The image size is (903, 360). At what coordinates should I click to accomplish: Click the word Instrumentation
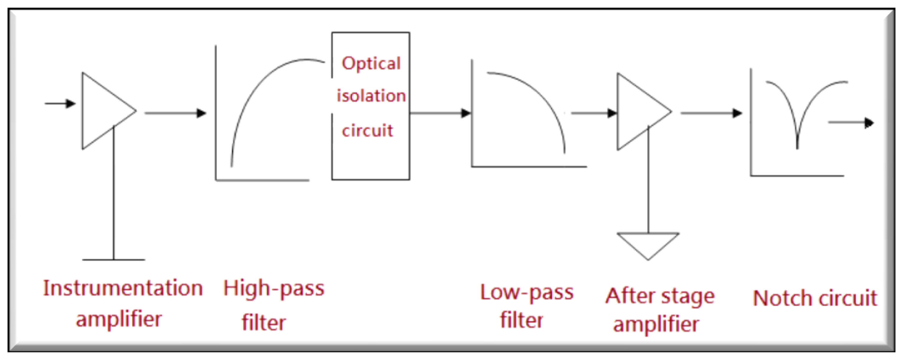(123, 289)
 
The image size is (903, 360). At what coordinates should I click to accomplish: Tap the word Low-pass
(526, 293)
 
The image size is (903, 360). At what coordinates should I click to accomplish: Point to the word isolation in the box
(371, 96)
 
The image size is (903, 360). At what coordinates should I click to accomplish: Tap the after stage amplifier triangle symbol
(638, 111)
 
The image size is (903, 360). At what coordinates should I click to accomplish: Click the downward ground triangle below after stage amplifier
(648, 244)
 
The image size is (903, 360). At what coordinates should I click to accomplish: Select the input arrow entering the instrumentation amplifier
(60, 103)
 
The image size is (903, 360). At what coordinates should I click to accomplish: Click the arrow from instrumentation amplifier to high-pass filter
(175, 113)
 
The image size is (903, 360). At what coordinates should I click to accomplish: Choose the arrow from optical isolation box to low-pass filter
(440, 113)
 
